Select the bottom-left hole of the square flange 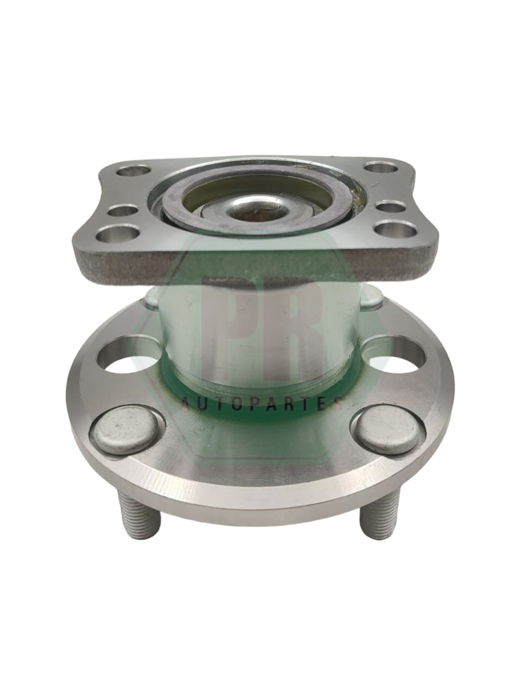pos(118,235)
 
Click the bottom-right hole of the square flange pos(397,231)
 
